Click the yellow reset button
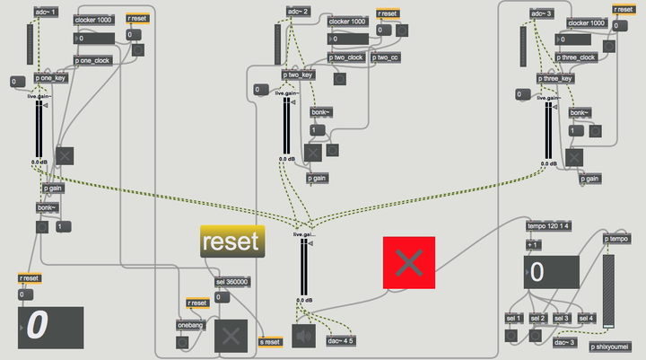coord(233,241)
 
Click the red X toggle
coord(409,262)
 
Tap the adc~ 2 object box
coord(298,11)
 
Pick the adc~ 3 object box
coord(543,13)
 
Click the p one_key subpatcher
coord(51,77)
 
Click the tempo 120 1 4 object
coord(547,225)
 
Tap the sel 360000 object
coord(232,282)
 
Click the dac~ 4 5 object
coord(341,341)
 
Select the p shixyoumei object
coord(611,346)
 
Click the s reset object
coord(269,342)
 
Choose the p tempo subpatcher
coord(616,239)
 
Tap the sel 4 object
coord(585,319)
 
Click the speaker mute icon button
coord(302,335)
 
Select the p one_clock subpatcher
coord(92,60)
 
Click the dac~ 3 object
coord(563,341)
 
